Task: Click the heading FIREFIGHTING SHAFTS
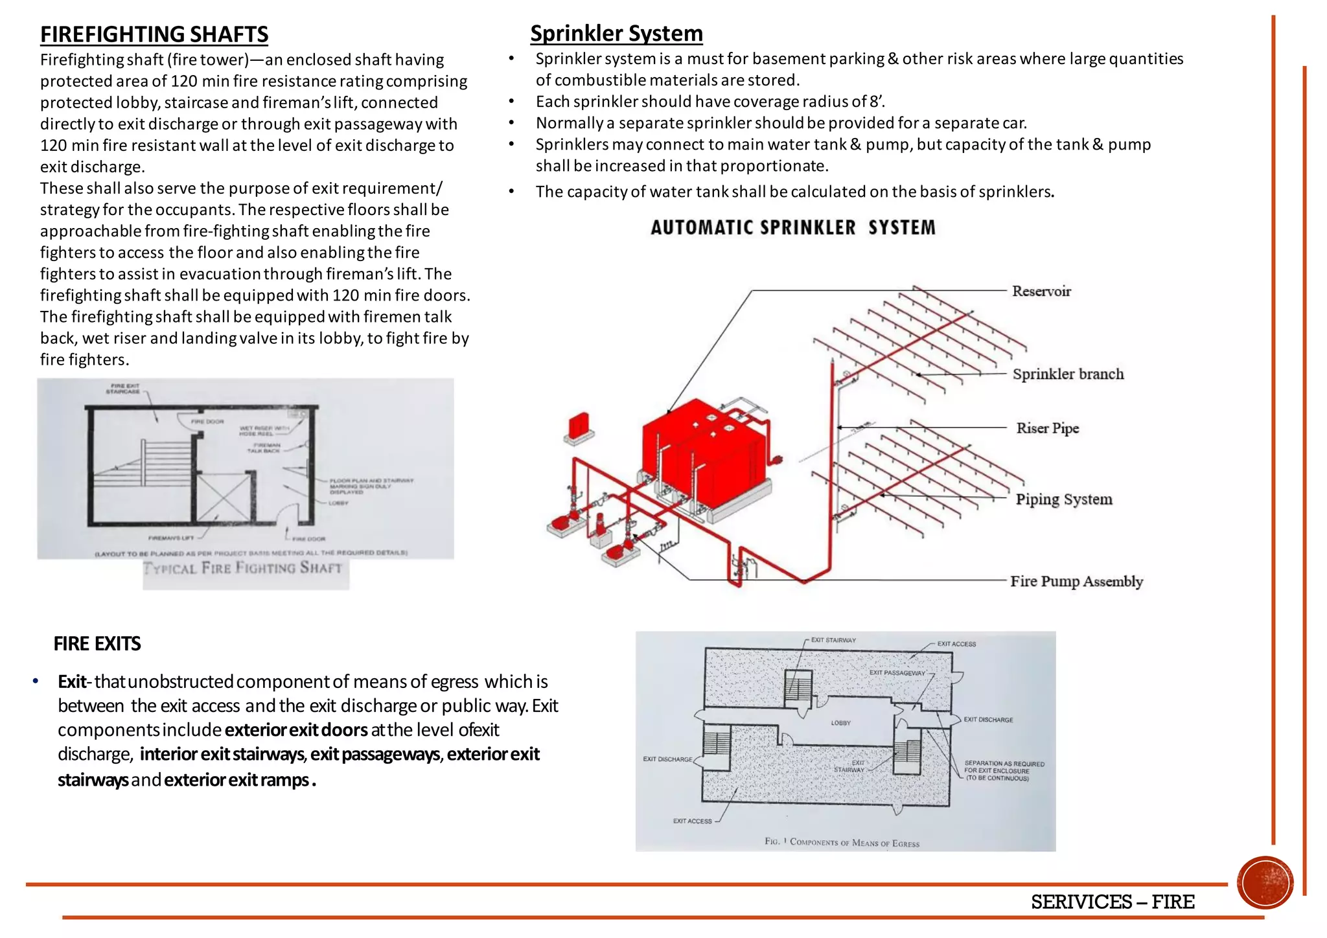tap(154, 34)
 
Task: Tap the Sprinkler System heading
tap(616, 33)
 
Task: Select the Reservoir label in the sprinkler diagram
tap(1041, 292)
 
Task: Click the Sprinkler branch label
tap(1068, 374)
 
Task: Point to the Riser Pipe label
tap(1047, 428)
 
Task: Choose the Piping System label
tap(1063, 499)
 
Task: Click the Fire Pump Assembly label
tap(1076, 581)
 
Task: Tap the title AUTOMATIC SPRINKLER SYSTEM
tap(793, 228)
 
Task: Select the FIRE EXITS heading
tap(97, 644)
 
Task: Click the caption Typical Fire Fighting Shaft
tap(242, 569)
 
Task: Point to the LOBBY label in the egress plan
tap(840, 723)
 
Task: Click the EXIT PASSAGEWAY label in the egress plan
tap(897, 673)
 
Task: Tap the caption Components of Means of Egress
tap(842, 842)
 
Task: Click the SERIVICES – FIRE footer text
tap(1112, 902)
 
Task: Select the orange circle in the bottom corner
tap(1265, 882)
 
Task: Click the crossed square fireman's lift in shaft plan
tap(223, 498)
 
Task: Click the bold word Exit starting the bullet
tap(71, 681)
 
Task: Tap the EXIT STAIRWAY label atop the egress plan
tap(833, 640)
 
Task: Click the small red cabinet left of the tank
tap(578, 426)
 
